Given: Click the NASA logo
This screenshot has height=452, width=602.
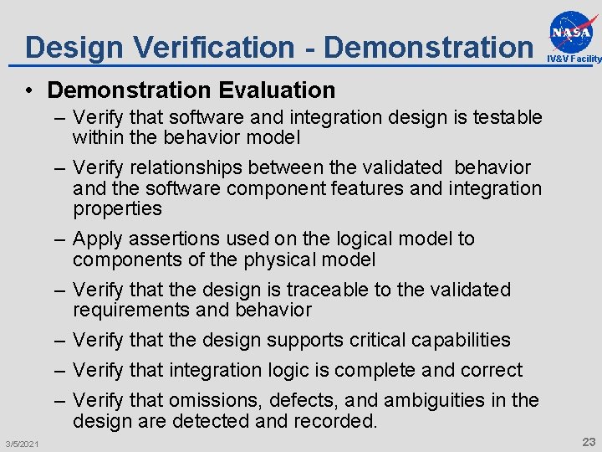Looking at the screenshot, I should (573, 31).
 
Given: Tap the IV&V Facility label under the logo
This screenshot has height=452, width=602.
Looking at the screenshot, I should (574, 59).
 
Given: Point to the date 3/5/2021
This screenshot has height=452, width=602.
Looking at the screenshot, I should (22, 442).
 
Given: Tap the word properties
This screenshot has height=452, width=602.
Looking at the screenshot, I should (117, 208).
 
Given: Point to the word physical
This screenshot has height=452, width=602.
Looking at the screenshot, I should (283, 259).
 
